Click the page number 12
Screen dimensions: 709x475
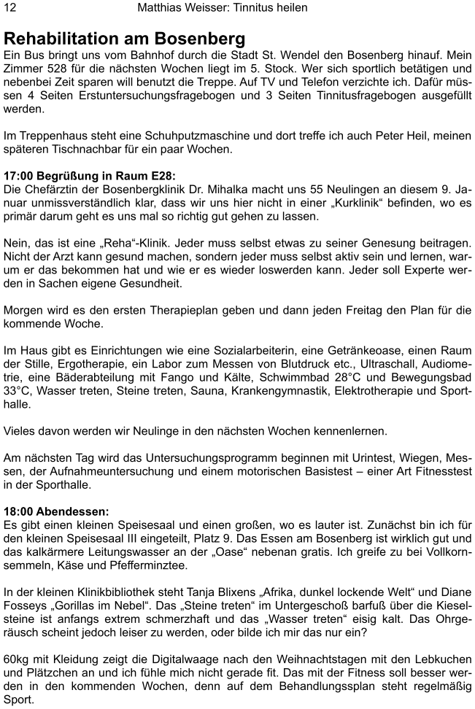coord(10,7)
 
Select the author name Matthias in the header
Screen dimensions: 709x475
coord(163,7)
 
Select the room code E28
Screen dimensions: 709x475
coord(161,177)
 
